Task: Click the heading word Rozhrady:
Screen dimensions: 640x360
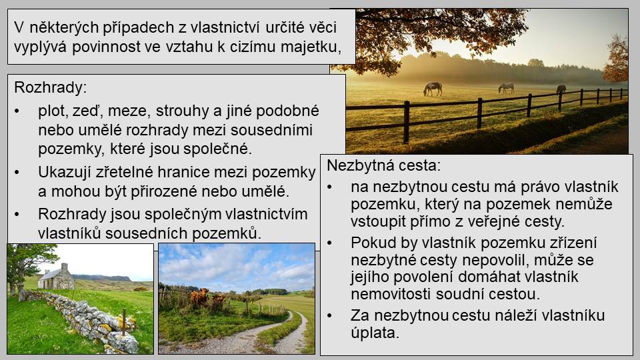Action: (50, 88)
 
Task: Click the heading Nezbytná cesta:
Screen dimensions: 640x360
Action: (384, 166)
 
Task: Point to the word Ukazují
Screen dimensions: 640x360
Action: (65, 172)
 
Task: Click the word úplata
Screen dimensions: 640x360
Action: (375, 333)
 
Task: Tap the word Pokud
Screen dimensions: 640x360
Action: (373, 243)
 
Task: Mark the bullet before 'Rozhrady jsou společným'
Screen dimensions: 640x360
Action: (17, 214)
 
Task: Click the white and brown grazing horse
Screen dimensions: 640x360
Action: (433, 88)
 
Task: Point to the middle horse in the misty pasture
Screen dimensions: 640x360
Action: (506, 87)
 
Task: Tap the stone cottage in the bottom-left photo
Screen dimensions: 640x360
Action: (56, 277)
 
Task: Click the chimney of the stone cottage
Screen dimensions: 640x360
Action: (64, 267)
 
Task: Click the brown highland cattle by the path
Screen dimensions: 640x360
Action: (199, 297)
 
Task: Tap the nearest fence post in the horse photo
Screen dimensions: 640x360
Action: (406, 122)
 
